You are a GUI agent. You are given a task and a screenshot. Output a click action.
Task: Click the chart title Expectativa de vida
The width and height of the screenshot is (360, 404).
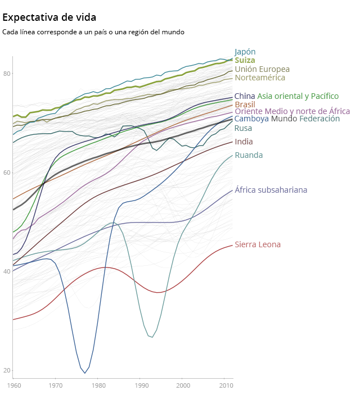49,17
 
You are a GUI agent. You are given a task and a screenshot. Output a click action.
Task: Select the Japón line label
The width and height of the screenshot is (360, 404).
245,52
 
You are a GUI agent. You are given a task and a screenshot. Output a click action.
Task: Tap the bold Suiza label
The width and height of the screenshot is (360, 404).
245,60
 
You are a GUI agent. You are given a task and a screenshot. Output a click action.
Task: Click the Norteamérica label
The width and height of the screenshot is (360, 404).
260,78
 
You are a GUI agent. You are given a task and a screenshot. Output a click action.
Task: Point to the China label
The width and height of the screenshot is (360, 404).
245,96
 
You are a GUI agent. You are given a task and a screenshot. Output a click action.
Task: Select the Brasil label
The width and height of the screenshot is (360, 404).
245,105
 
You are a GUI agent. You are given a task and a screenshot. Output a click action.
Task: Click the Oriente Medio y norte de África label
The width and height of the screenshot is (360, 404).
292,111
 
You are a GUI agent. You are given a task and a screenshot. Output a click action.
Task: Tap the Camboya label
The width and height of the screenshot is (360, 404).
251,119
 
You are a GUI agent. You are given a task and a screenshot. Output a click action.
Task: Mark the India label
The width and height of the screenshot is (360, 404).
244,142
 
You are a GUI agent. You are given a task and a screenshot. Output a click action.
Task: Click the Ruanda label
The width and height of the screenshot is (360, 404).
249,155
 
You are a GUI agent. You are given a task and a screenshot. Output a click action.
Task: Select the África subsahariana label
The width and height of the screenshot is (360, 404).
271,190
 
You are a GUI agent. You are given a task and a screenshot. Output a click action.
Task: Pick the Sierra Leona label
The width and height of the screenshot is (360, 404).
258,244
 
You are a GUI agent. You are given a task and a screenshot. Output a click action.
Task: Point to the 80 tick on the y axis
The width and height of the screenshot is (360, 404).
7,74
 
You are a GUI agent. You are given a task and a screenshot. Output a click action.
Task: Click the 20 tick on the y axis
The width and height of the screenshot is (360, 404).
7,370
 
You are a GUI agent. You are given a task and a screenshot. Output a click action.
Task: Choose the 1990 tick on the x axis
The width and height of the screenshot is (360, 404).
141,385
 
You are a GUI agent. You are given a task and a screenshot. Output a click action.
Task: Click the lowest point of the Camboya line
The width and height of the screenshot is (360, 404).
85,373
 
